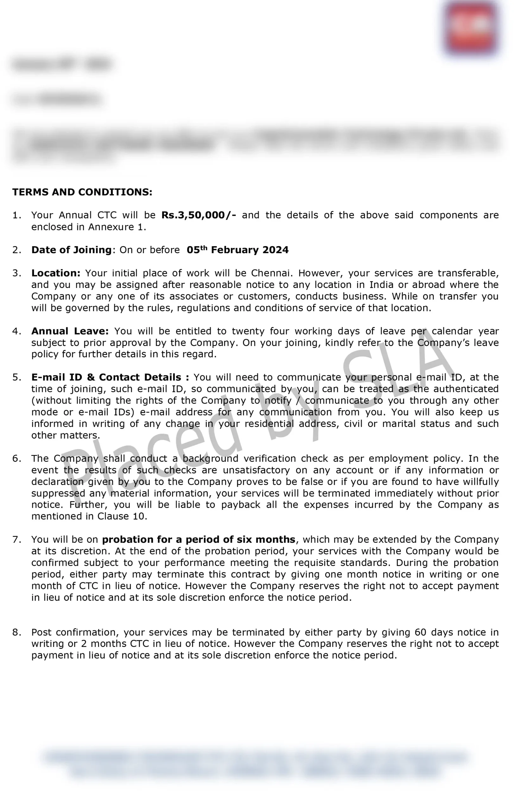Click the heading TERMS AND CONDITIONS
(82, 192)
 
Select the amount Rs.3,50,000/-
(199, 215)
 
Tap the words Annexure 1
(117, 227)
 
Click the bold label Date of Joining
(72, 250)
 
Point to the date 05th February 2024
(237, 250)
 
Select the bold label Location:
(56, 273)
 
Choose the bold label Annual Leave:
(70, 331)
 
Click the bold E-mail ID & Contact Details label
(110, 377)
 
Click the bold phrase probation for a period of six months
(199, 540)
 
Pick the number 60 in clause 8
(420, 632)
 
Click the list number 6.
(16, 458)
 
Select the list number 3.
(16, 273)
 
